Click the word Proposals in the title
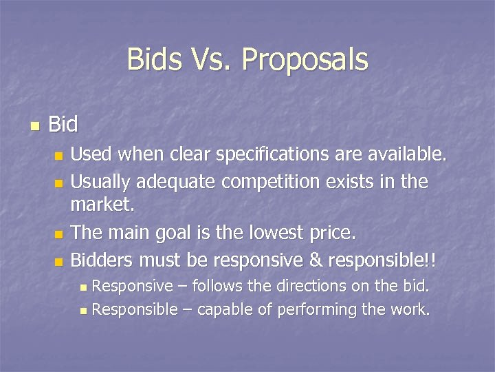305,60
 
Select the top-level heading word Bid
63,125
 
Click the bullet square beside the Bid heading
34,126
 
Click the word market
103,205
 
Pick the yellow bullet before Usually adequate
59,183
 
